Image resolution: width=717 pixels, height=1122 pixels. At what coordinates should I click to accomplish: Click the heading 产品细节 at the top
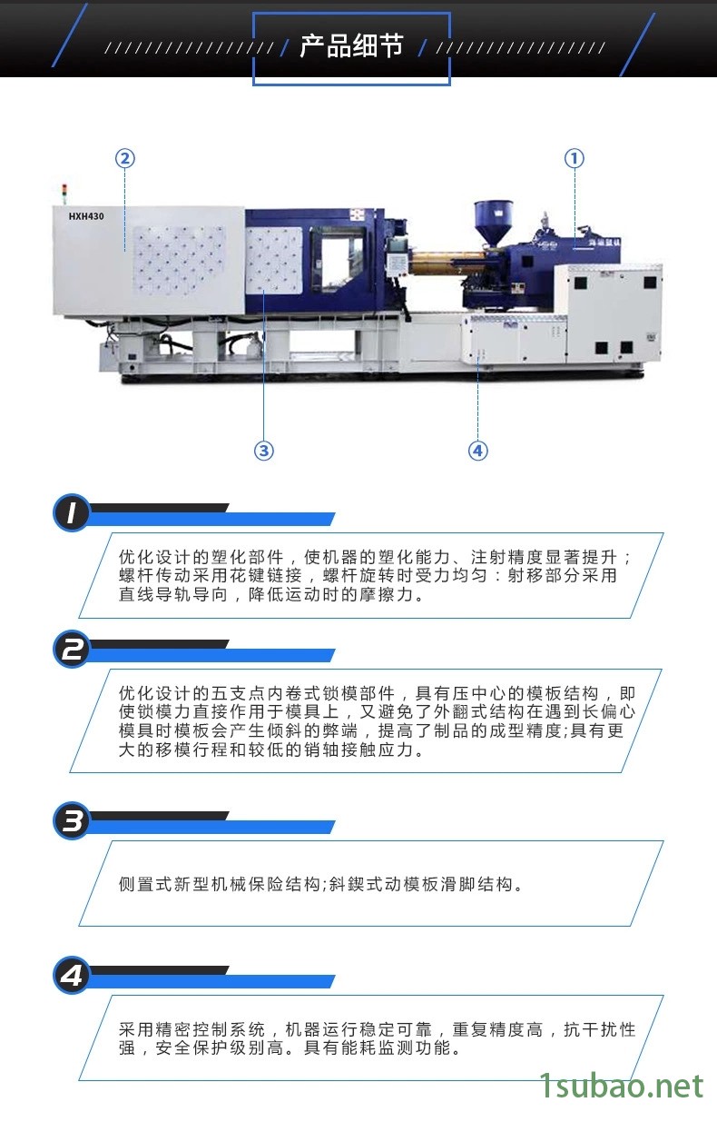coord(351,45)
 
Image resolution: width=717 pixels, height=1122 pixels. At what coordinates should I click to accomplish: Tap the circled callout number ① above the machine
coord(574,159)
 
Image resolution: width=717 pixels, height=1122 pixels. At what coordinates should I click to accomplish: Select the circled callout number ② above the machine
coord(125,159)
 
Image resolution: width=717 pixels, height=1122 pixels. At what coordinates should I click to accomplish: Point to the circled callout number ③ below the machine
coord(264,451)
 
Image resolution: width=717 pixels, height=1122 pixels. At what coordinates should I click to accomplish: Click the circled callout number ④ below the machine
coord(477,451)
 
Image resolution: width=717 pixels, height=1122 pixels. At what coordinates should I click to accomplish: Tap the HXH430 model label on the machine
coord(86,216)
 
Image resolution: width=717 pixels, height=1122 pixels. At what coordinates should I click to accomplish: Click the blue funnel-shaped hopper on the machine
coord(494,223)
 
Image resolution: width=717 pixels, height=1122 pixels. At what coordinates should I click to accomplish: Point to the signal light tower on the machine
coord(64,194)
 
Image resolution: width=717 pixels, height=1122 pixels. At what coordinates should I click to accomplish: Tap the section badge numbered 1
coord(72,513)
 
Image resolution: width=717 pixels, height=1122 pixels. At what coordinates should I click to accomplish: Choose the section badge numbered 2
coord(72,650)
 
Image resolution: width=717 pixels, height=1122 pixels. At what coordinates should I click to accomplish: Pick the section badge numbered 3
coord(72,821)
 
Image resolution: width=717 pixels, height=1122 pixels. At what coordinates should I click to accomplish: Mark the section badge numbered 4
coord(72,975)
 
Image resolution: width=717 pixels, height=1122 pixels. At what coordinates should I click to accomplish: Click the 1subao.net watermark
coord(622,1086)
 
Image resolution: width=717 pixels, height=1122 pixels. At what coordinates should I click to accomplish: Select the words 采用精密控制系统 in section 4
coord(192,1029)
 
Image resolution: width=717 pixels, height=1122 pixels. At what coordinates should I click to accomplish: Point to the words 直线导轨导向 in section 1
coord(173,594)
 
